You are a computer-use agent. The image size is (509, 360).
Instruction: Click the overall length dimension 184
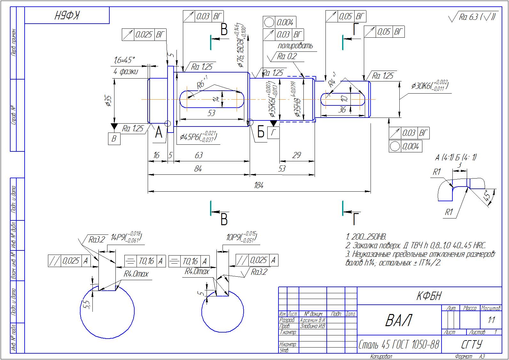(x=258, y=185)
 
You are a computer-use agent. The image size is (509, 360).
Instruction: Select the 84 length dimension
(x=198, y=169)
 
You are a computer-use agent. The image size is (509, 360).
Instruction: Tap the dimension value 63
(x=199, y=155)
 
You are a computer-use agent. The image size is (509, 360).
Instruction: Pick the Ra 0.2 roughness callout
(x=287, y=57)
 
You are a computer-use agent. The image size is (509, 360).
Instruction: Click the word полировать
(x=295, y=46)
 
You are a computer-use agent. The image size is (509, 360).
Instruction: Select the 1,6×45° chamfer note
(x=124, y=60)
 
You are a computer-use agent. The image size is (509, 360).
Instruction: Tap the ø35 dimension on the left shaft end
(x=108, y=100)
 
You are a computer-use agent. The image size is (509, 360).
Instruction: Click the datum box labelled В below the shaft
(x=114, y=139)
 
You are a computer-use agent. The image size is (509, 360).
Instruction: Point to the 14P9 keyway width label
(x=126, y=238)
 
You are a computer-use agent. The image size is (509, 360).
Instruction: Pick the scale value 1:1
(x=491, y=320)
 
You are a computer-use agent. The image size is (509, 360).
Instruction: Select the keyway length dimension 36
(x=342, y=110)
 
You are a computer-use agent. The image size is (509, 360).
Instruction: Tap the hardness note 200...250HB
(x=366, y=237)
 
